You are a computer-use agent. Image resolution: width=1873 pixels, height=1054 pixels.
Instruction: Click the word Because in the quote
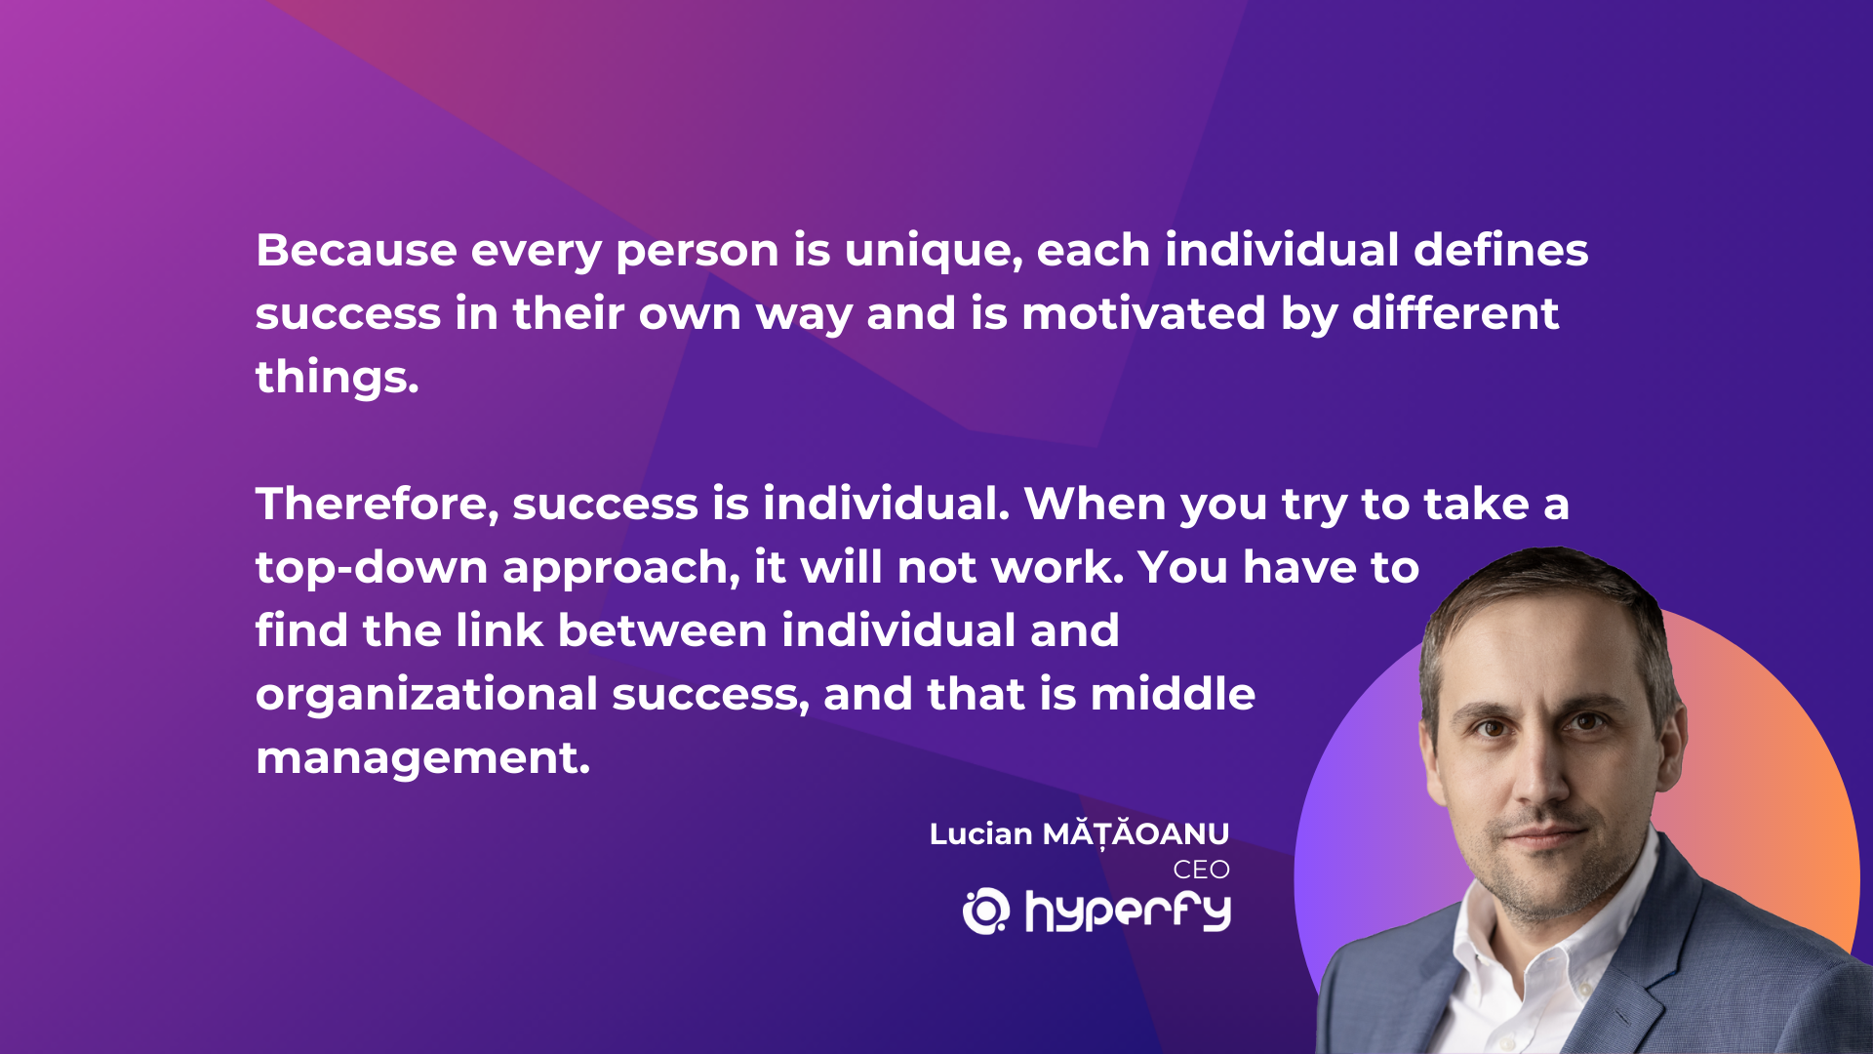[x=356, y=250]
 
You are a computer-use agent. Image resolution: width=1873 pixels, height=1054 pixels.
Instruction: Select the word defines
[x=1501, y=250]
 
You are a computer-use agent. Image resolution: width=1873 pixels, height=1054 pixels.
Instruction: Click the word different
[x=1455, y=313]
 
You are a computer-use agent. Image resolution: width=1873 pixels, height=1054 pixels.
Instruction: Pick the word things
[x=338, y=379]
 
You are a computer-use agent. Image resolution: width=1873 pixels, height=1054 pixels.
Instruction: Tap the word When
[x=1096, y=504]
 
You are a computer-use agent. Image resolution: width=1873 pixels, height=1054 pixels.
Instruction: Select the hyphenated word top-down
[x=372, y=569]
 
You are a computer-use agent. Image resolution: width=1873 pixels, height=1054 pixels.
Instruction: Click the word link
[x=499, y=630]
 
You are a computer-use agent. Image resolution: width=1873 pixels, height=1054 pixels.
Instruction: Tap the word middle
[x=1173, y=694]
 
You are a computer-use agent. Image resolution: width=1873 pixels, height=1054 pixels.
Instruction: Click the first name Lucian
[x=980, y=834]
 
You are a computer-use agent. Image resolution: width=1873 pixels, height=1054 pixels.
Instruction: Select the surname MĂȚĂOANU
[x=1136, y=833]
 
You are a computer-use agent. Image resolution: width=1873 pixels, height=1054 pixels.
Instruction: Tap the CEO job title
[x=1201, y=870]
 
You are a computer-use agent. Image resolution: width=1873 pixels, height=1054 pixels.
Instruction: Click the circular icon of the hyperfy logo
[x=986, y=911]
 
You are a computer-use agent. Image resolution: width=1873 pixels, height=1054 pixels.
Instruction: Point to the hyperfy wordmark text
[x=1129, y=912]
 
